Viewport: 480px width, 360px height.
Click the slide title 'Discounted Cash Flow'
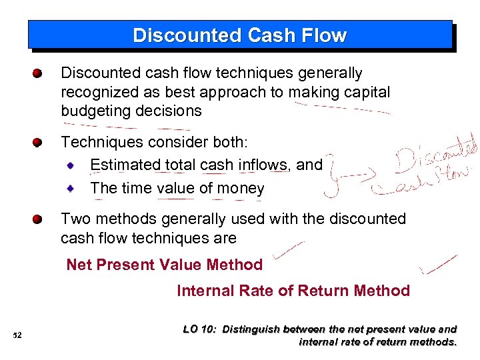239,35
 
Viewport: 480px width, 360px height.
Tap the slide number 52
17,335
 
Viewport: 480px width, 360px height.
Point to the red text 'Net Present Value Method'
164,265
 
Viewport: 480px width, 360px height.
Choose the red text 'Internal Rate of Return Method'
293,291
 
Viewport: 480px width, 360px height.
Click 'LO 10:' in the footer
199,329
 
